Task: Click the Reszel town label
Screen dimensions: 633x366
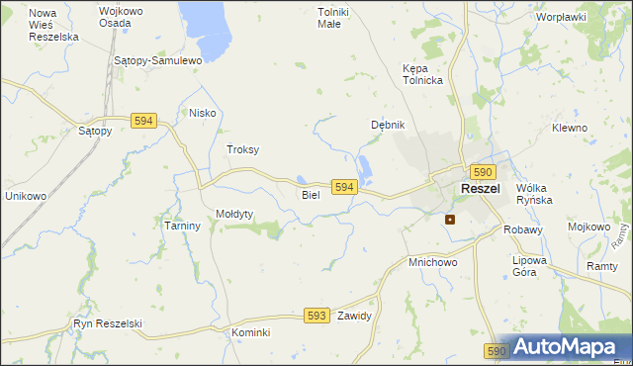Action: coord(480,189)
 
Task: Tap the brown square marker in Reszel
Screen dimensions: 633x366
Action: coord(450,220)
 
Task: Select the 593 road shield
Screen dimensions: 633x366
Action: coord(316,316)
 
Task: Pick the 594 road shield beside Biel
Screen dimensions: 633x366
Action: coord(343,187)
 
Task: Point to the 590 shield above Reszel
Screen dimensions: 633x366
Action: coord(482,171)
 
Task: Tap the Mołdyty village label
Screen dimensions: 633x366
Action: coord(235,214)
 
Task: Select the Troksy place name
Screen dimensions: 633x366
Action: coord(242,149)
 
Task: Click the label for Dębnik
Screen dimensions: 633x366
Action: coord(388,125)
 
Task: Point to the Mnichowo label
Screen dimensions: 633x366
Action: coord(432,263)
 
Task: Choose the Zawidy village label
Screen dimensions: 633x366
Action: coord(353,317)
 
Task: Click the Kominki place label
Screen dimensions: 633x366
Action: coord(251,332)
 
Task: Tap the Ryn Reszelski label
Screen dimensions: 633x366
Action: coord(108,323)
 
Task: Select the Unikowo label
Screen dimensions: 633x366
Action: coord(26,196)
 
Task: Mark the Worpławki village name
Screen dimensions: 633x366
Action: coord(561,17)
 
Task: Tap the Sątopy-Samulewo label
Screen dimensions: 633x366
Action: coord(158,60)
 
